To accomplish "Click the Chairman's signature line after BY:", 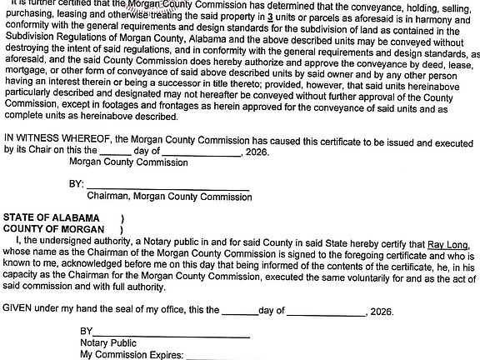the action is [x=167, y=184].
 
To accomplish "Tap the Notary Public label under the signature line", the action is [x=108, y=342].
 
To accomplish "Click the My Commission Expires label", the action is [x=131, y=353].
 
